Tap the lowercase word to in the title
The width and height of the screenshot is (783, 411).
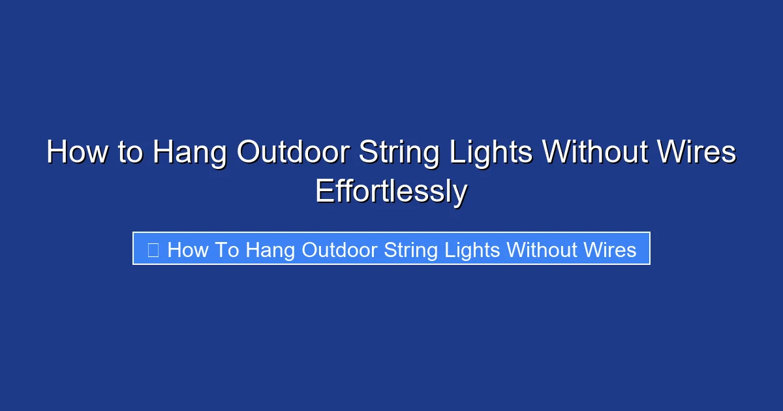pos(129,153)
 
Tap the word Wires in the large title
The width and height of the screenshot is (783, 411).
pos(698,153)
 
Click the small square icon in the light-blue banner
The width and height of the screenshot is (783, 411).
pos(153,249)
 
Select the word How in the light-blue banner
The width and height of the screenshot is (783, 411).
pos(187,250)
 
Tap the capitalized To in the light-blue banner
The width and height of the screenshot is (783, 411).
pos(227,250)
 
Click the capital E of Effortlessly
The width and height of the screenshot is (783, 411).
pos(324,192)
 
